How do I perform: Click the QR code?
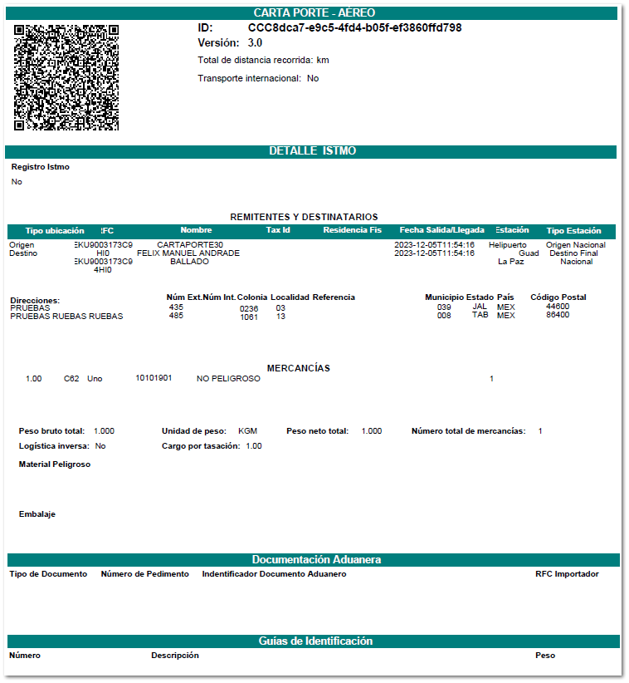point(66,77)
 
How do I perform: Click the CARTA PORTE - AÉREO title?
point(314,12)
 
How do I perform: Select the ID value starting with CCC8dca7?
point(354,27)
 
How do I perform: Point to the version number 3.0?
point(255,42)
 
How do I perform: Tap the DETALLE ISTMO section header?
point(312,151)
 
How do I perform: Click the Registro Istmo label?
point(41,167)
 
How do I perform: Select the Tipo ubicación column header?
point(55,230)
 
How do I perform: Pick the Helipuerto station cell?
point(507,245)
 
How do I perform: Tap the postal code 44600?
point(558,307)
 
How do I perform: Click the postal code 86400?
point(558,316)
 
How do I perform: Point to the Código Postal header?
point(558,297)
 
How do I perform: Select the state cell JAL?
point(480,307)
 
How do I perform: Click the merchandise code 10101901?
point(154,379)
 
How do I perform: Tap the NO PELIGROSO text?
point(228,379)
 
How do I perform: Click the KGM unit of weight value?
point(247,431)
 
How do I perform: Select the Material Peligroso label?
point(55,464)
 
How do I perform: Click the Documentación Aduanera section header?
point(316,560)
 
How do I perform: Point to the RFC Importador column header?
point(567,574)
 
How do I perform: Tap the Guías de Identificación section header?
point(315,641)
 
